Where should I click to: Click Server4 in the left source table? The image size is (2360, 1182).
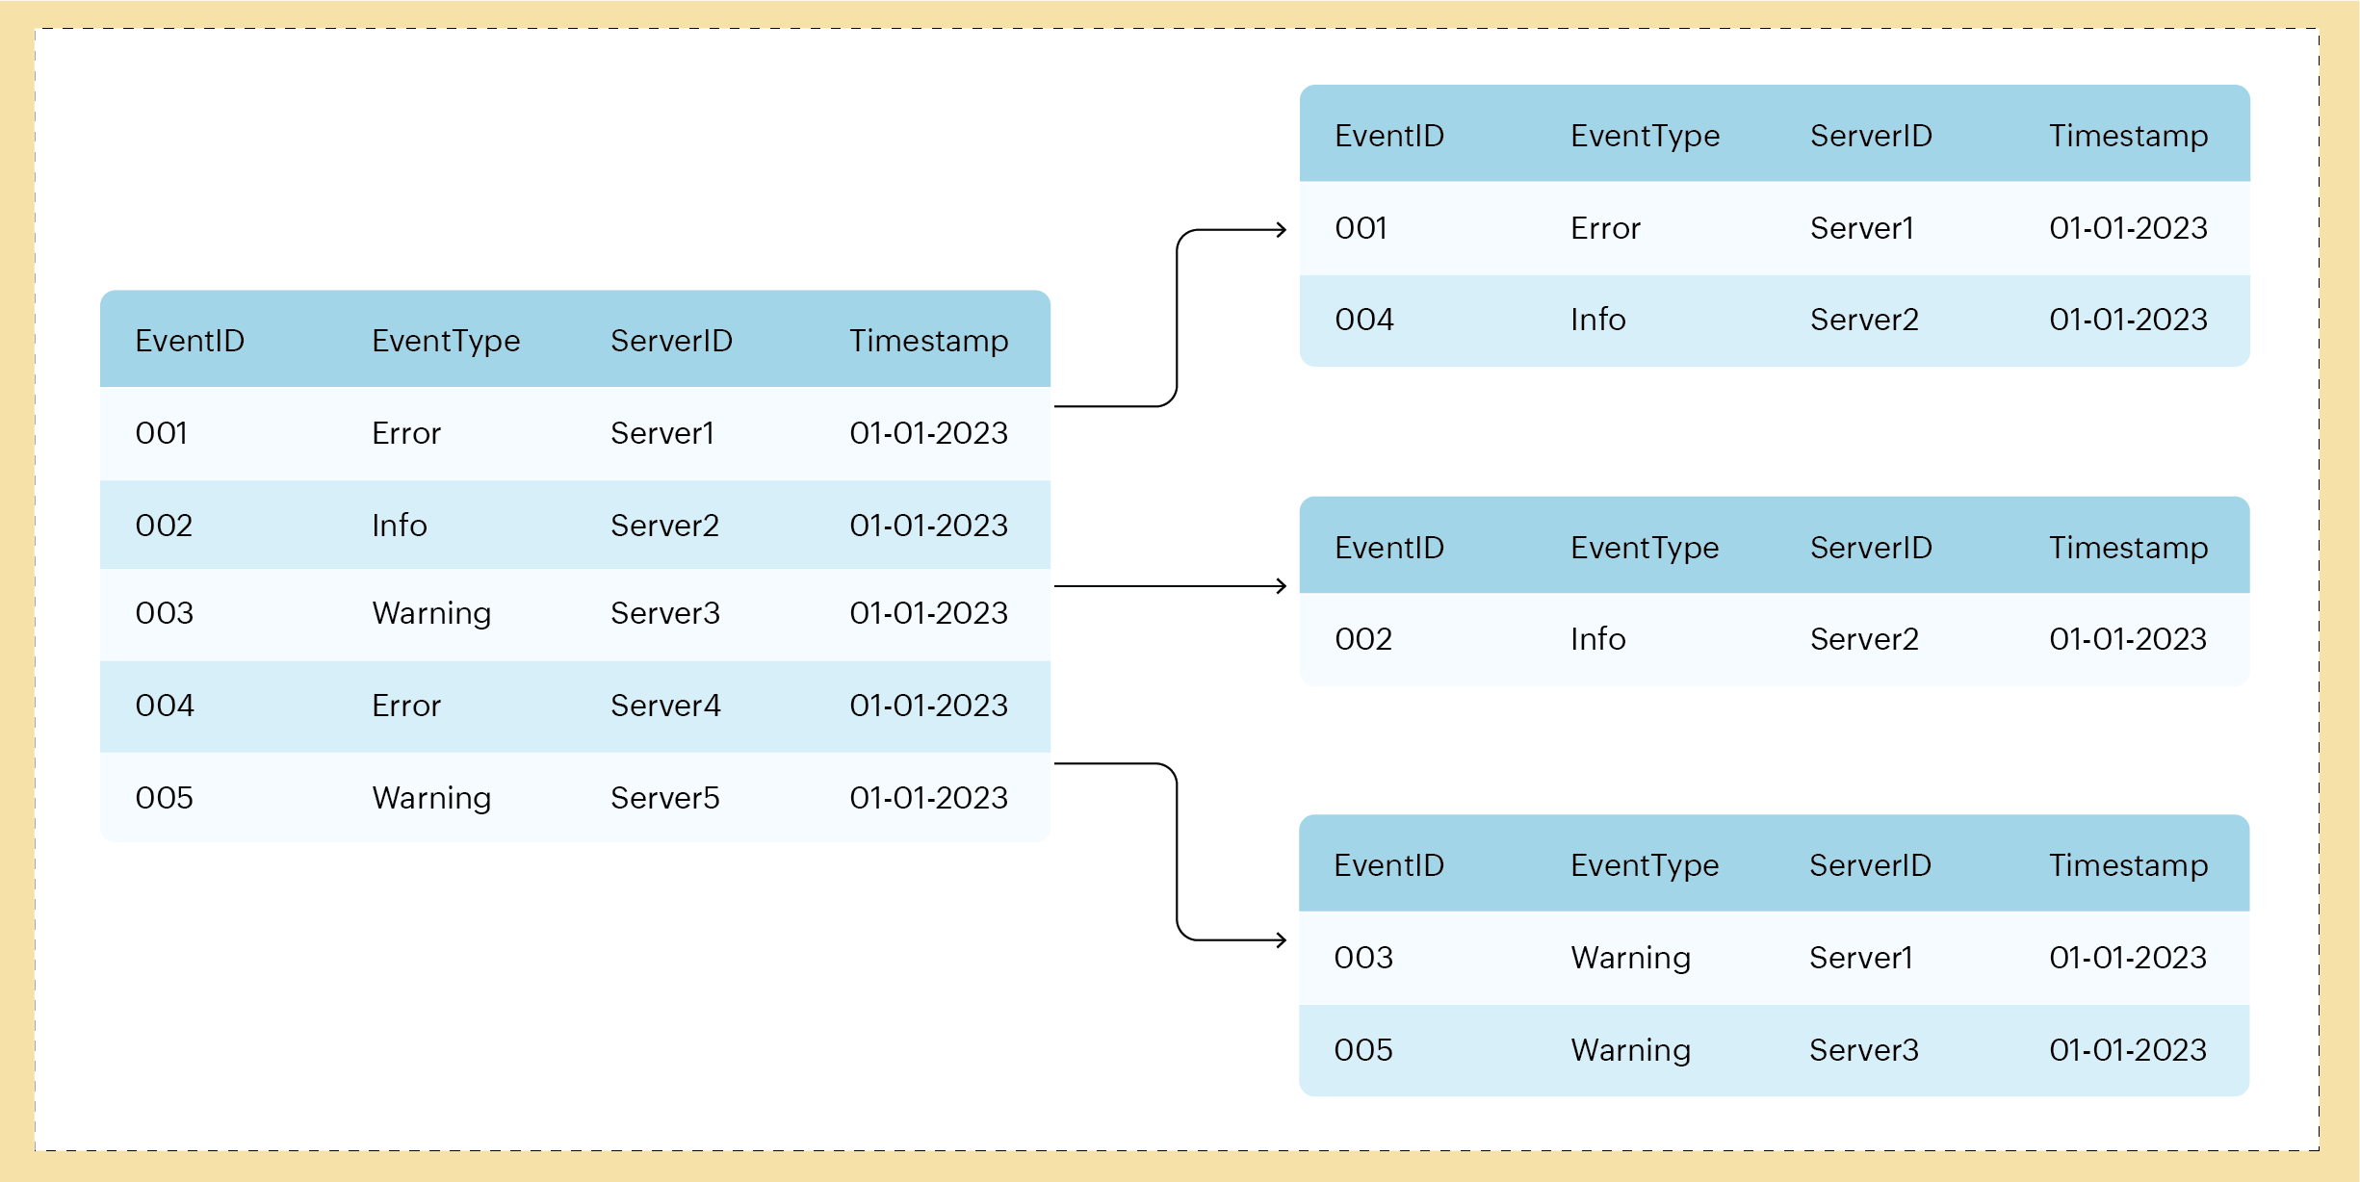click(x=665, y=706)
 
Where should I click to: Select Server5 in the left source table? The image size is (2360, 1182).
click(x=664, y=798)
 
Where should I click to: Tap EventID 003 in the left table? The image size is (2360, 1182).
click(x=164, y=613)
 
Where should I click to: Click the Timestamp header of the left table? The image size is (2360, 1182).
click(x=928, y=341)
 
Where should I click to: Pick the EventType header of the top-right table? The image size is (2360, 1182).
click(x=1645, y=136)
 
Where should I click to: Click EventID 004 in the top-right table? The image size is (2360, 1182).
click(x=1363, y=320)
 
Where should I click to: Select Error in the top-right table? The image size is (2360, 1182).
click(x=1605, y=228)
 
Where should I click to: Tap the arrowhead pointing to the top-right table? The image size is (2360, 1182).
click(x=1282, y=229)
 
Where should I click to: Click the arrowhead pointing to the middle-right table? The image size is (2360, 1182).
click(x=1282, y=585)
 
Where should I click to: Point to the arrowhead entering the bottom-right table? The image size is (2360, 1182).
click(x=1282, y=939)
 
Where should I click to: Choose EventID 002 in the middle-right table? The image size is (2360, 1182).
click(x=1362, y=639)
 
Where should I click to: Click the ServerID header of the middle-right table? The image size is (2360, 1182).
click(x=1871, y=548)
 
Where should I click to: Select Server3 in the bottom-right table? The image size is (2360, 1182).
click(x=1863, y=1050)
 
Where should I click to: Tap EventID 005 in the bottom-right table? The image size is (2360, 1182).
click(x=1362, y=1050)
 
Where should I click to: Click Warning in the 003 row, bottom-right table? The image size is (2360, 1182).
click(x=1630, y=958)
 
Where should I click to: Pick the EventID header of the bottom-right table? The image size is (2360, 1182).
click(x=1388, y=865)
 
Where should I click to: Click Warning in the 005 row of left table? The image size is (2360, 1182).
click(x=431, y=798)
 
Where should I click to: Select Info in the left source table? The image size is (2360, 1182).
click(x=399, y=526)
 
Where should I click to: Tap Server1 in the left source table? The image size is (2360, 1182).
click(x=661, y=433)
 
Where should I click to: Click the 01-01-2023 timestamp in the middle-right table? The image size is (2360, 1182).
click(x=2128, y=639)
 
